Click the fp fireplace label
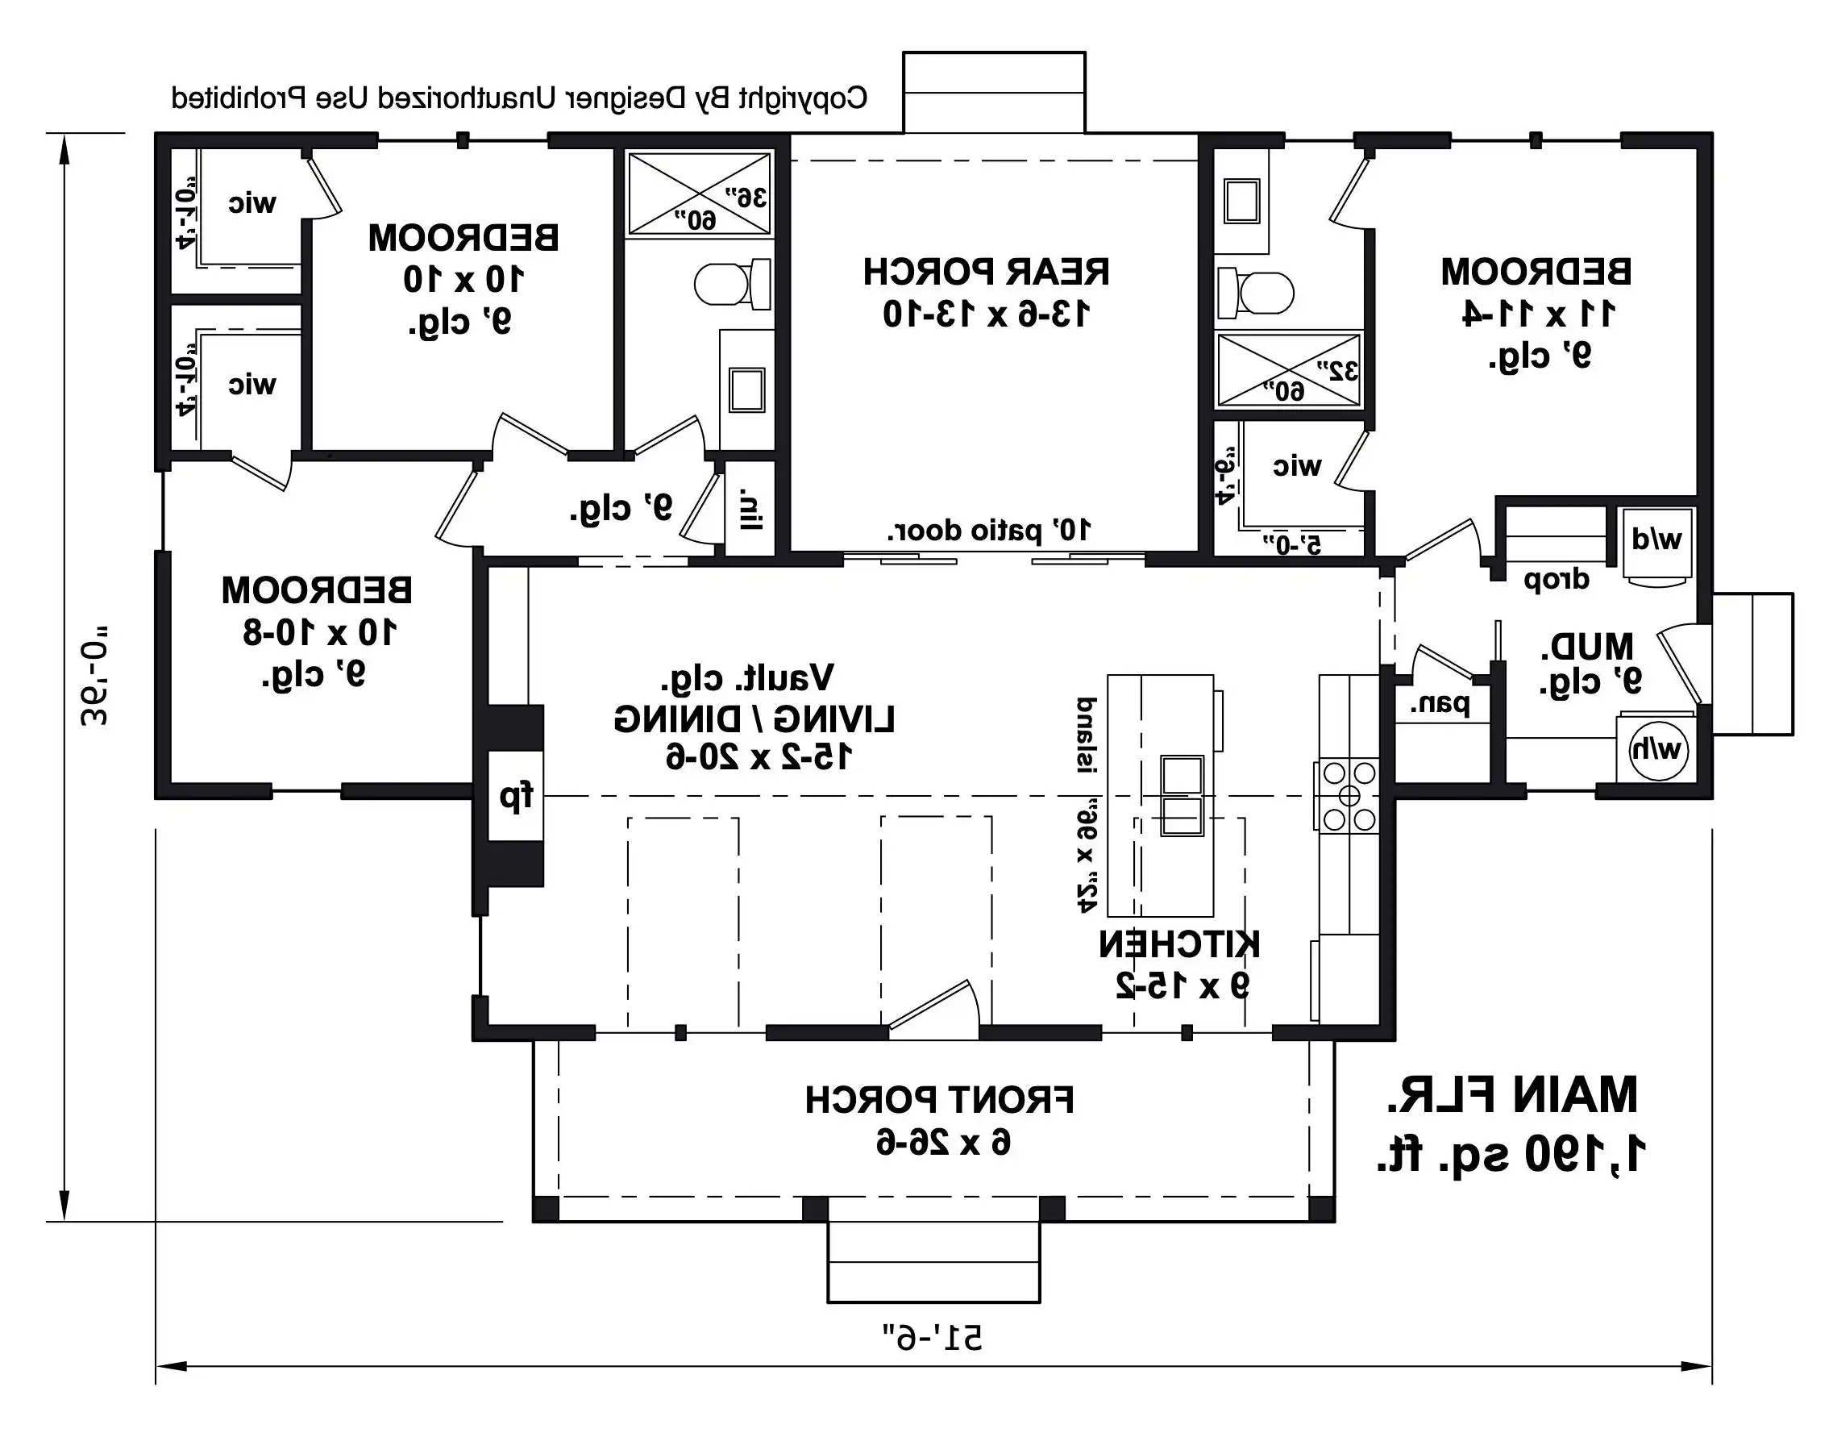tap(515, 796)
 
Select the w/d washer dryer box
tap(1656, 541)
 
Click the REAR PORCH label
tap(986, 272)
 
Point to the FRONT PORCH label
tap(939, 1100)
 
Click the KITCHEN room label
tap(1179, 944)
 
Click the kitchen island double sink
tap(1182, 795)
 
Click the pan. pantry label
tap(1440, 705)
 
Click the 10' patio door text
tap(990, 531)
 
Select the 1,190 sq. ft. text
tap(1511, 1155)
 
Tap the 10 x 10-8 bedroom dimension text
tap(319, 632)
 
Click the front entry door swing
tap(936, 1007)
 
